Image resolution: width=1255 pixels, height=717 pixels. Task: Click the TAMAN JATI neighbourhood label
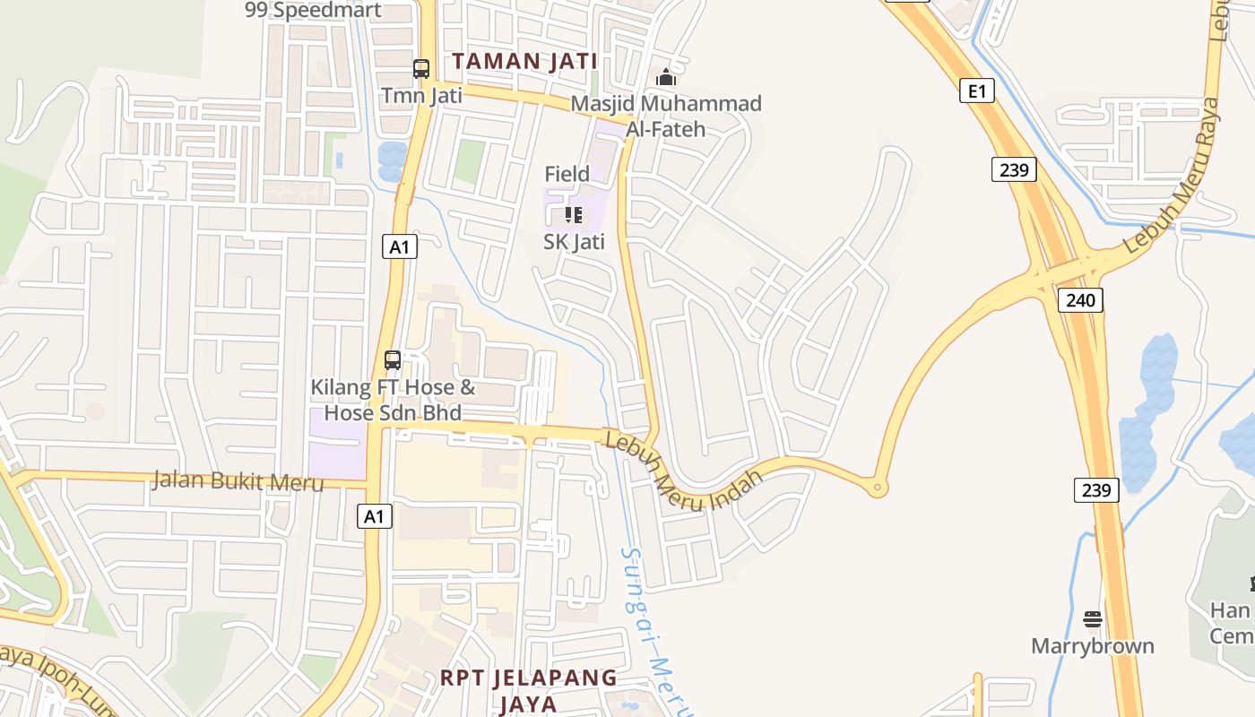point(524,61)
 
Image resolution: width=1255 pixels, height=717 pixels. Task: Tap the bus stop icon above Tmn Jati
point(421,68)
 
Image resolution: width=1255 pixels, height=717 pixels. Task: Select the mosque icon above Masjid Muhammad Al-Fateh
point(666,78)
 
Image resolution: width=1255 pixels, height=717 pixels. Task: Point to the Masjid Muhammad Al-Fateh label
point(666,116)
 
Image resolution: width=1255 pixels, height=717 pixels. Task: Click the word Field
point(567,174)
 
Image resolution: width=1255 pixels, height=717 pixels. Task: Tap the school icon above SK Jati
point(574,215)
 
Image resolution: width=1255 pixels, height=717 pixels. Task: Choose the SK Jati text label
point(574,241)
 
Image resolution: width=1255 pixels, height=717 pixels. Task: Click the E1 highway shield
point(976,91)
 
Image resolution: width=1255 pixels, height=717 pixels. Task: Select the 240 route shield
point(1080,300)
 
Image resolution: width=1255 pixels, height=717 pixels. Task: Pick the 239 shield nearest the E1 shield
point(1014,169)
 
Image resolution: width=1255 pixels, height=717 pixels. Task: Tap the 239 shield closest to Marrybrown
point(1096,490)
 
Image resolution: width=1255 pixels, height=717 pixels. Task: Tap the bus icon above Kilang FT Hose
point(393,360)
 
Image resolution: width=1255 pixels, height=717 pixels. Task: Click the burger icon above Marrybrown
point(1092,619)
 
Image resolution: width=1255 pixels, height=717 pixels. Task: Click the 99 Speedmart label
point(313,11)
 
